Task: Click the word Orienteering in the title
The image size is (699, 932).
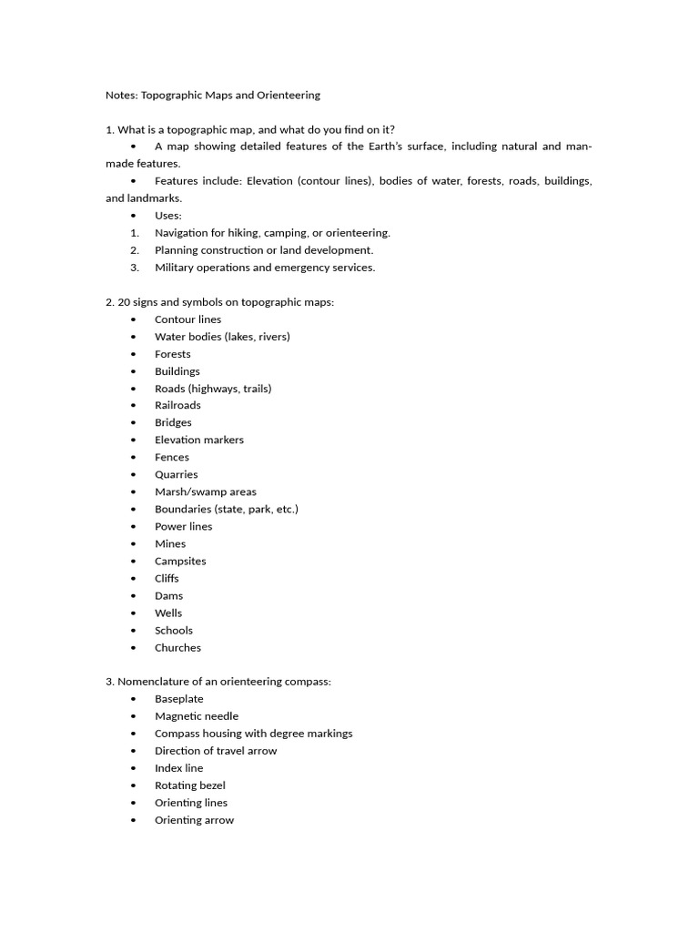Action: [288, 95]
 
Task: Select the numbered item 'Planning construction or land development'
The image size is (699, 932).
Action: [264, 250]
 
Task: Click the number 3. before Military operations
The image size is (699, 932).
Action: [134, 268]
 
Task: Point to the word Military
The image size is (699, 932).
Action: [176, 268]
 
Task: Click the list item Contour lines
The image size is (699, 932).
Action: [187, 319]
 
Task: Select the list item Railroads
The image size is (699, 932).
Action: [177, 405]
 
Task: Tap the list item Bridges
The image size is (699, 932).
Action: [173, 422]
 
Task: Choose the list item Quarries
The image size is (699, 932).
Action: [176, 474]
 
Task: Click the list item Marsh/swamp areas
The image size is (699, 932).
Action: [205, 491]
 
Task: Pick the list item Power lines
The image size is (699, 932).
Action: [183, 526]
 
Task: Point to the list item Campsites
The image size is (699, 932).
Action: [180, 561]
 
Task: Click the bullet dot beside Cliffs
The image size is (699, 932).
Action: [134, 579]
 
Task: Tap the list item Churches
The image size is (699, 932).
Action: [177, 648]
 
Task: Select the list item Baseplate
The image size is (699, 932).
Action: [178, 699]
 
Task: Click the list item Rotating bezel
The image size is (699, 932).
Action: [189, 785]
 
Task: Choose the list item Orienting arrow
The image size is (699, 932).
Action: [194, 820]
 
